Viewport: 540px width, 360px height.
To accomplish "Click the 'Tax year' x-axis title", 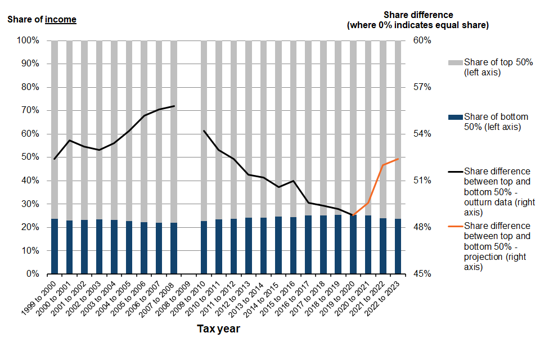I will pos(218,329).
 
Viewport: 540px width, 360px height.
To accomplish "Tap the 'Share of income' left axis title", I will pos(42,20).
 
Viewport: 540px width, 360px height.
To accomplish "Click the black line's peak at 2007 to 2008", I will pos(174,106).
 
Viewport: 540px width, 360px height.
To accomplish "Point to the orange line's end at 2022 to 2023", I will pos(398,159).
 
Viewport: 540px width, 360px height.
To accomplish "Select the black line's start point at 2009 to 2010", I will pos(204,130).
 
